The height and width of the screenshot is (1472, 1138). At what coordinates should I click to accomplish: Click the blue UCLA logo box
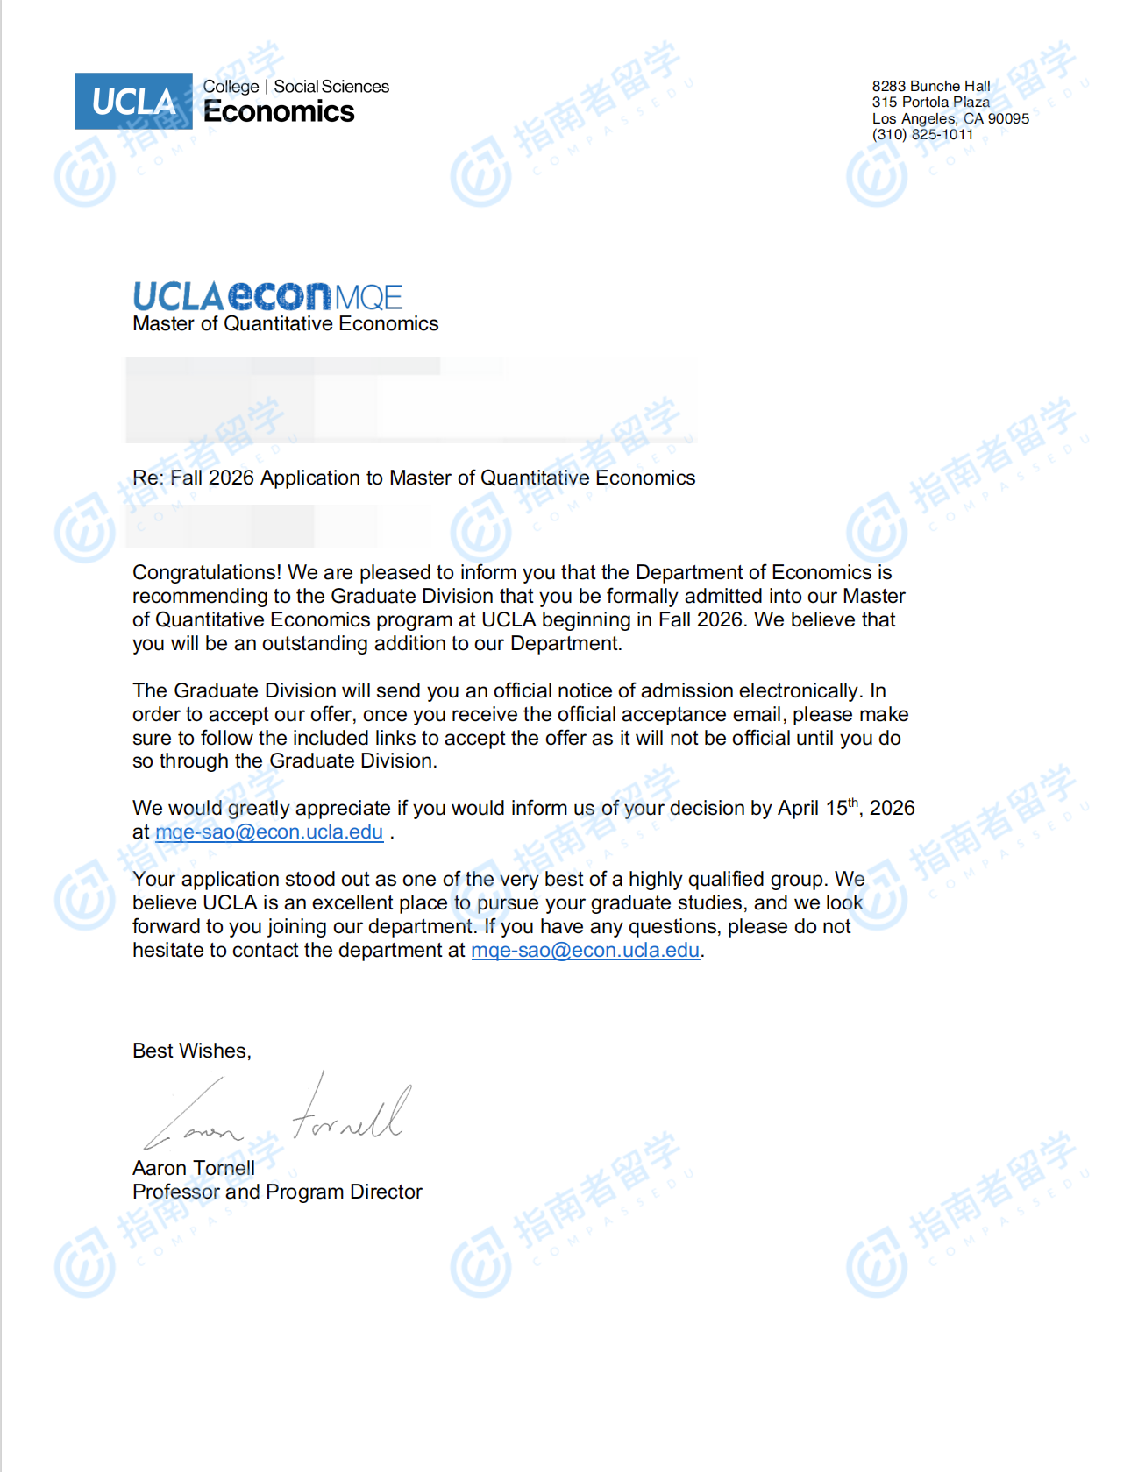coord(133,102)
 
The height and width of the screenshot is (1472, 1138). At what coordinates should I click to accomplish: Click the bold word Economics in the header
coord(279,112)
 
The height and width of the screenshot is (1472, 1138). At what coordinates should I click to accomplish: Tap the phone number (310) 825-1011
coord(922,135)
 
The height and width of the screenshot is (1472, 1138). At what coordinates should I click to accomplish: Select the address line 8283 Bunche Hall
coord(930,86)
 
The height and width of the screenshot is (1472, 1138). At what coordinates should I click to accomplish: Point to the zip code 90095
coord(1008,118)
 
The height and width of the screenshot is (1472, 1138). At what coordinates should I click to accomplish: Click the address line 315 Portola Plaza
coord(930,103)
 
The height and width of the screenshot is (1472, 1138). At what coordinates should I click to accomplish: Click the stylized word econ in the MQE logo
coord(280,296)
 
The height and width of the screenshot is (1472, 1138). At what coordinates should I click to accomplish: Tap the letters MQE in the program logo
coord(368,298)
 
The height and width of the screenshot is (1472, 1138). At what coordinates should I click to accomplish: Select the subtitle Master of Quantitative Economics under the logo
coord(285,324)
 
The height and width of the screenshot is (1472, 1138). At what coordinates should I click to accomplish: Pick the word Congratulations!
coord(207,573)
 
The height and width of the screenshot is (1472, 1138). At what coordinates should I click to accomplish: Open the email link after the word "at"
coord(269,832)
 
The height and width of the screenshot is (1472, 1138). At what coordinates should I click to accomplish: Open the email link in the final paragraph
coord(585,951)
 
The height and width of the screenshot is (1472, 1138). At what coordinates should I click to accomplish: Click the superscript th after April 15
coord(853,803)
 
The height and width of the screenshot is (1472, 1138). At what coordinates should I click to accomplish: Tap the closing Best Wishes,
coord(192,1051)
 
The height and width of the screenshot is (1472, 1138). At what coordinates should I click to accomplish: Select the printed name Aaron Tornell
coord(194,1169)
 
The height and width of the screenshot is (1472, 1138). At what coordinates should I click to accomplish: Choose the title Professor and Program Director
coord(277,1192)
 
